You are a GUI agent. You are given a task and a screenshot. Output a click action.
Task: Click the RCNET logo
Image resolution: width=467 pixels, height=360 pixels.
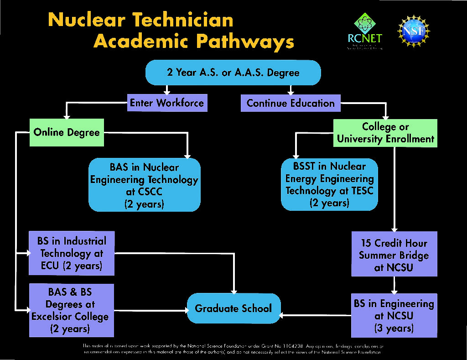point(364,31)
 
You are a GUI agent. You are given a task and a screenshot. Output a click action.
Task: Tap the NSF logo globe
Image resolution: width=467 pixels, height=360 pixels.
point(414,31)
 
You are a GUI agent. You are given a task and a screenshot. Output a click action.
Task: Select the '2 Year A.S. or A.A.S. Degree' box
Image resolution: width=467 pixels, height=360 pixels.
point(233,73)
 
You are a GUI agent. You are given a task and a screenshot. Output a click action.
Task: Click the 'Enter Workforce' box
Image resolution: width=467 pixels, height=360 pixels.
point(167,103)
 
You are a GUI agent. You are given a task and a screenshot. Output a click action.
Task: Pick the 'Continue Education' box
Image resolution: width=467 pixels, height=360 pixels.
point(291,103)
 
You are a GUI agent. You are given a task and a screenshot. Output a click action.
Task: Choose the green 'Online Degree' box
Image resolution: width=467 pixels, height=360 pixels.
point(67,133)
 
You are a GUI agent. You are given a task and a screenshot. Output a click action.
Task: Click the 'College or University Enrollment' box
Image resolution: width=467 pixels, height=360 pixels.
point(385,133)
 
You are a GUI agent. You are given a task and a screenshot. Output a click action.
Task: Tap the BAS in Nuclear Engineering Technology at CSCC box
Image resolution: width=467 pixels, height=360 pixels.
point(144,185)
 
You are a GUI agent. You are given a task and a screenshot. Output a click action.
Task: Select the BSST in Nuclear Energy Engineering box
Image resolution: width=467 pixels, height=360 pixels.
point(329,185)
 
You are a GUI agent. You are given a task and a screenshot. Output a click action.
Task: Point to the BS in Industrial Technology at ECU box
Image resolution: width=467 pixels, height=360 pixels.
point(72,253)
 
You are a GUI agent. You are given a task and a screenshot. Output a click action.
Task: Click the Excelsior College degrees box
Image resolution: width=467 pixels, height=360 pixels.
point(72,310)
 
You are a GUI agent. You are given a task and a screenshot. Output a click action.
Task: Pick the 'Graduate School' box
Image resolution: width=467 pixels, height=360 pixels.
point(233,308)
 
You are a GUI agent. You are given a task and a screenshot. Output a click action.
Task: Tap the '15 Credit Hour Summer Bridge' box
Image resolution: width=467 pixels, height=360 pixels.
point(394,254)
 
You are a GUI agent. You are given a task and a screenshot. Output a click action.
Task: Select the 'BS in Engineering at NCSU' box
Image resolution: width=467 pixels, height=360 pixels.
point(394,315)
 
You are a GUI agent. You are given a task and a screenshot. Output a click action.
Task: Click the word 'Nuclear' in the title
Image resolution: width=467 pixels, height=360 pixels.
point(87,20)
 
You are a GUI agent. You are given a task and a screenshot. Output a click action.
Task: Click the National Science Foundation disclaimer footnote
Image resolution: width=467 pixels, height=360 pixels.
point(233,349)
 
